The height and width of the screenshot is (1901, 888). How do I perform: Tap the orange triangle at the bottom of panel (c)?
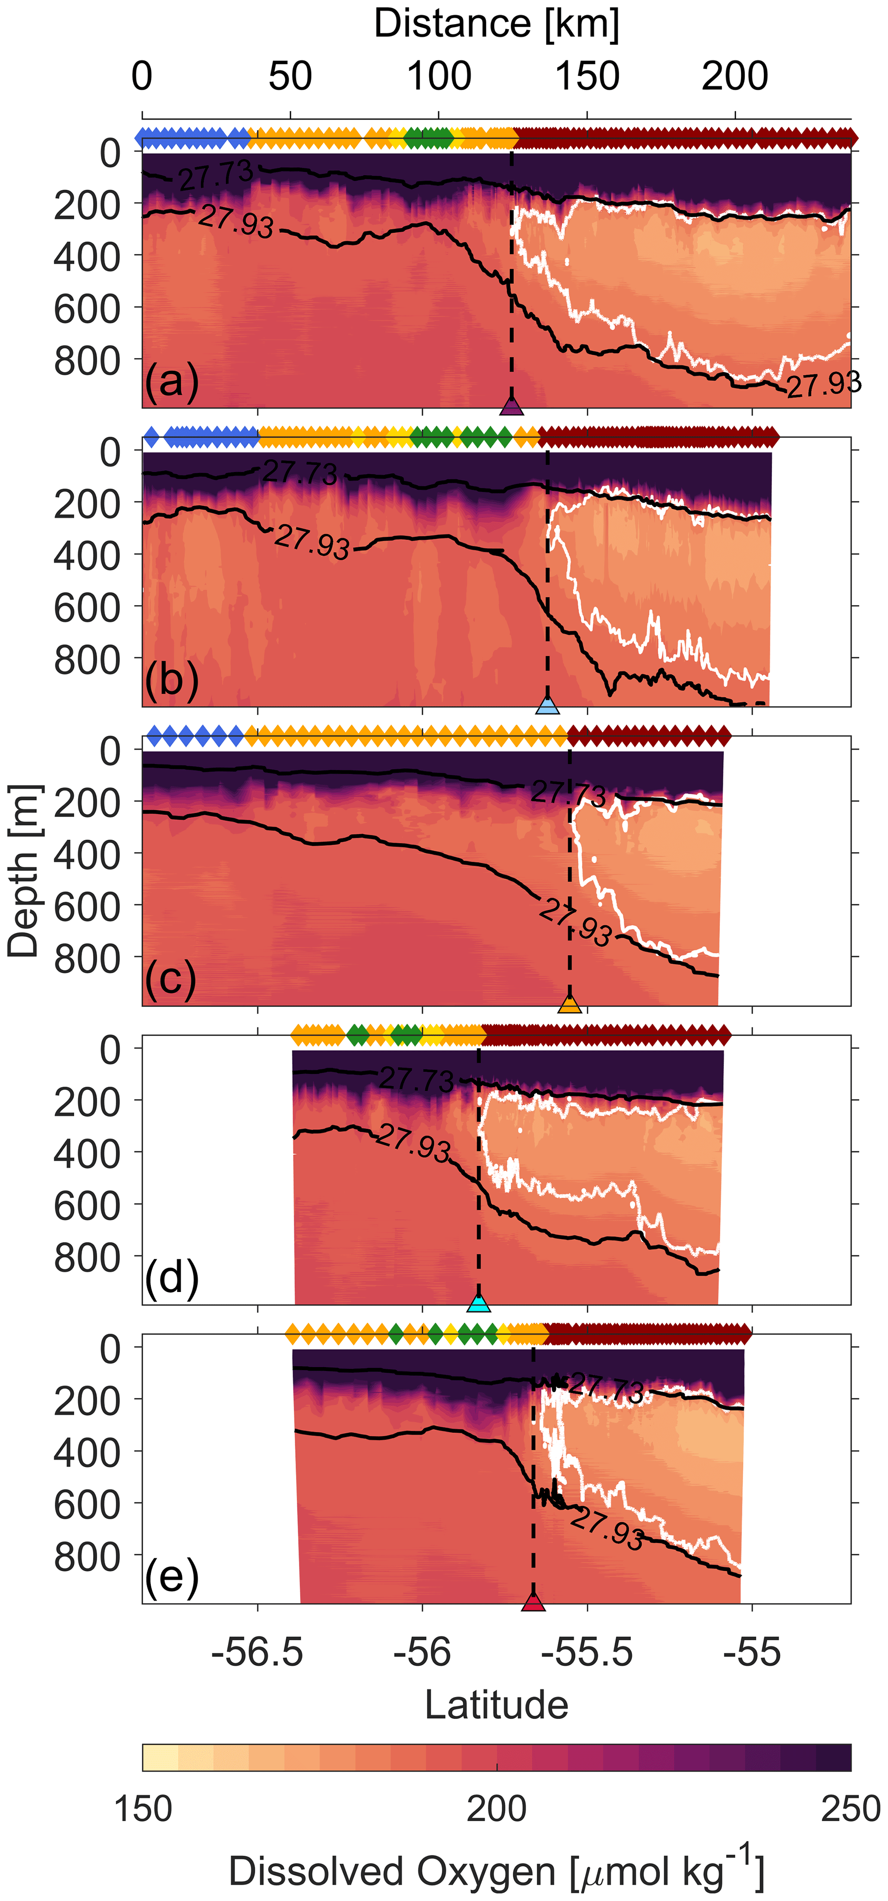pos(569,1004)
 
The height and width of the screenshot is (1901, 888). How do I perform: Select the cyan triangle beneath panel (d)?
pos(479,1303)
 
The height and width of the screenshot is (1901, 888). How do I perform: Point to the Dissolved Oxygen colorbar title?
pos(496,1871)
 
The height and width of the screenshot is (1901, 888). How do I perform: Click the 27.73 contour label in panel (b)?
pos(300,472)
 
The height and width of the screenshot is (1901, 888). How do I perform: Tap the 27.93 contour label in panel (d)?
pos(413,1144)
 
